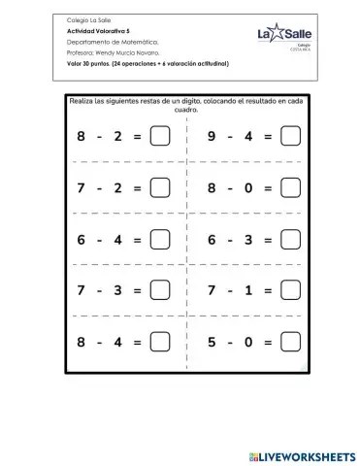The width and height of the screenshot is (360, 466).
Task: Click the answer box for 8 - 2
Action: click(160, 137)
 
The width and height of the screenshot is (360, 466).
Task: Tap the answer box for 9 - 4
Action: click(289, 137)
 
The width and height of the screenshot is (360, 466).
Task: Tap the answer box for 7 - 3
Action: click(160, 289)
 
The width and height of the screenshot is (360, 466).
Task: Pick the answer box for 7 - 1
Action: click(289, 289)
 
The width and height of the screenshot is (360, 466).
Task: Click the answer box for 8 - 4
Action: click(160, 341)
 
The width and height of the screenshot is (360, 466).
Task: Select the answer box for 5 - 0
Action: click(289, 341)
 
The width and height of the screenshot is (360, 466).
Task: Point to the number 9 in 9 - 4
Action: click(212, 137)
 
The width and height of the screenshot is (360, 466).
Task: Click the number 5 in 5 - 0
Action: click(212, 341)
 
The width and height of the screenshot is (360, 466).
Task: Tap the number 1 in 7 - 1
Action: click(247, 289)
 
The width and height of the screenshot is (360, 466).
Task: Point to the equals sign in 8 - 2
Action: click(137, 137)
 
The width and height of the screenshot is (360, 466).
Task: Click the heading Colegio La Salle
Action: click(88, 20)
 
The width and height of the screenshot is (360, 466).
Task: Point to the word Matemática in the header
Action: click(128, 42)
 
